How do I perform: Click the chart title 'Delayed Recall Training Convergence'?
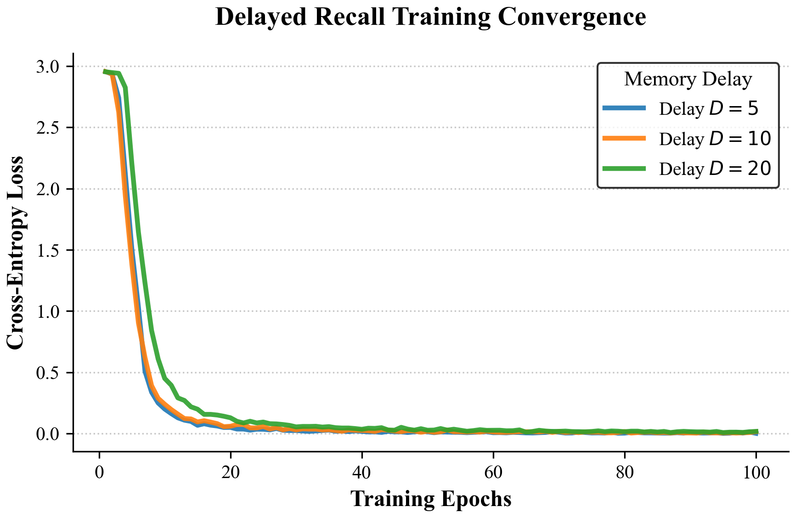click(430, 17)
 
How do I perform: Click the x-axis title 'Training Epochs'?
click(430, 499)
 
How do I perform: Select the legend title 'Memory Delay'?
click(688, 79)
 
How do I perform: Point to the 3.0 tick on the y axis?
click(48, 67)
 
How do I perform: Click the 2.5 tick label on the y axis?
click(48, 128)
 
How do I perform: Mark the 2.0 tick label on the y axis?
click(48, 189)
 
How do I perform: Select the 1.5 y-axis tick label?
click(48, 250)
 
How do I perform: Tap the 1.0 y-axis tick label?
click(48, 311)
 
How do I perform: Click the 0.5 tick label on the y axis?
click(48, 373)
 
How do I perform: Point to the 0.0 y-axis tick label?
click(48, 434)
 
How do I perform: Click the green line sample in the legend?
click(624, 169)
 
